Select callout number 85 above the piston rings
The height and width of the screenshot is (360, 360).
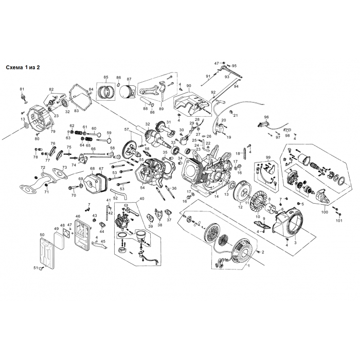pyautogui.click(x=106, y=77)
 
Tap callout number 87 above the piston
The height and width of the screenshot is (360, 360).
pyautogui.click(x=129, y=79)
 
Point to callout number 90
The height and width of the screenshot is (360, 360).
pyautogui.click(x=189, y=86)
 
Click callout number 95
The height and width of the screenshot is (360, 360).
pyautogui.click(x=234, y=66)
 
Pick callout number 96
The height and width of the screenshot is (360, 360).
pyautogui.click(x=267, y=117)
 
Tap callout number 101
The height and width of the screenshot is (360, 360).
pyautogui.click(x=338, y=221)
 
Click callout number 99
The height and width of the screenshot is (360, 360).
pyautogui.click(x=267, y=157)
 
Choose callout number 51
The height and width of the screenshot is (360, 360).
pyautogui.click(x=35, y=268)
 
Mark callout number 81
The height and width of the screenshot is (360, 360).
pyautogui.click(x=22, y=89)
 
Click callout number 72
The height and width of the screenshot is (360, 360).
pyautogui.click(x=43, y=168)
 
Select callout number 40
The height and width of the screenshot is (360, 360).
pyautogui.click(x=142, y=199)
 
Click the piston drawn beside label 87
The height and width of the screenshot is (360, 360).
pyautogui.click(x=127, y=93)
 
